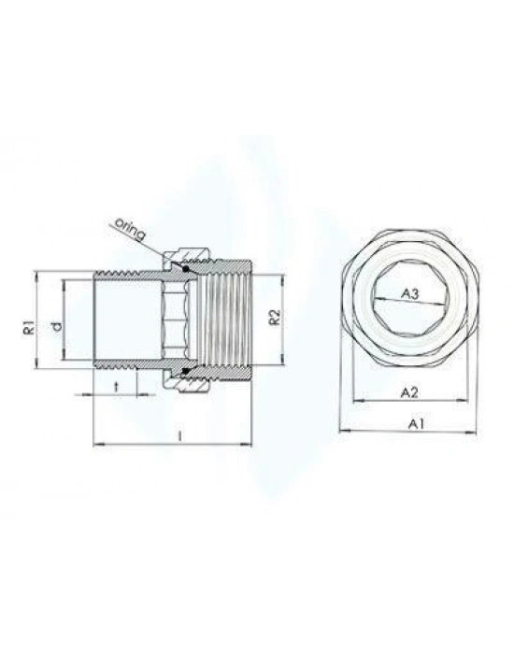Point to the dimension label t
pyautogui.click(x=115, y=385)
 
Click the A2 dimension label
pyautogui.click(x=409, y=393)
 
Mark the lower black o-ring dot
pyautogui.click(x=185, y=373)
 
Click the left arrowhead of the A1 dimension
pyautogui.click(x=343, y=431)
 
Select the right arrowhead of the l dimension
pyautogui.click(x=250, y=443)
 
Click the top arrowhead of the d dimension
pyautogui.click(x=64, y=284)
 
